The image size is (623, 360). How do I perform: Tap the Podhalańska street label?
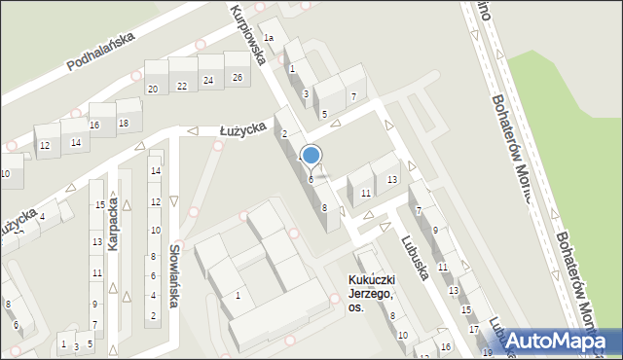pyautogui.click(x=104, y=52)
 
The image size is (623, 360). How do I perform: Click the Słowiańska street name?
pyautogui.click(x=175, y=275)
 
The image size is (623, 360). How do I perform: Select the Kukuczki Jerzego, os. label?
pyautogui.click(x=371, y=293)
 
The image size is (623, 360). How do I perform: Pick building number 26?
pyautogui.click(x=237, y=78)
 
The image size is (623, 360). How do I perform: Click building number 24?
pyautogui.click(x=207, y=81)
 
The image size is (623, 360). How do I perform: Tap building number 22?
pyautogui.click(x=181, y=87)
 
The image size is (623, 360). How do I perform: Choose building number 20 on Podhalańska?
pyautogui.click(x=153, y=90)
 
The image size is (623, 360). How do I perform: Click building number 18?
pyautogui.click(x=123, y=124)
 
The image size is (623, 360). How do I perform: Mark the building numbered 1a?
pyautogui.click(x=269, y=37)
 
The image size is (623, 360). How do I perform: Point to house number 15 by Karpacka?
pyautogui.click(x=99, y=204)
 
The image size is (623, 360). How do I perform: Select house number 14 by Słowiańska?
pyautogui.click(x=155, y=171)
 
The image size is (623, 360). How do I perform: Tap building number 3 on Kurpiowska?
pyautogui.click(x=306, y=93)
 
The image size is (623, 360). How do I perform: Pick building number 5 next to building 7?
pyautogui.click(x=324, y=114)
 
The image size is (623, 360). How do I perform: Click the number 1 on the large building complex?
pyautogui.click(x=238, y=296)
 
